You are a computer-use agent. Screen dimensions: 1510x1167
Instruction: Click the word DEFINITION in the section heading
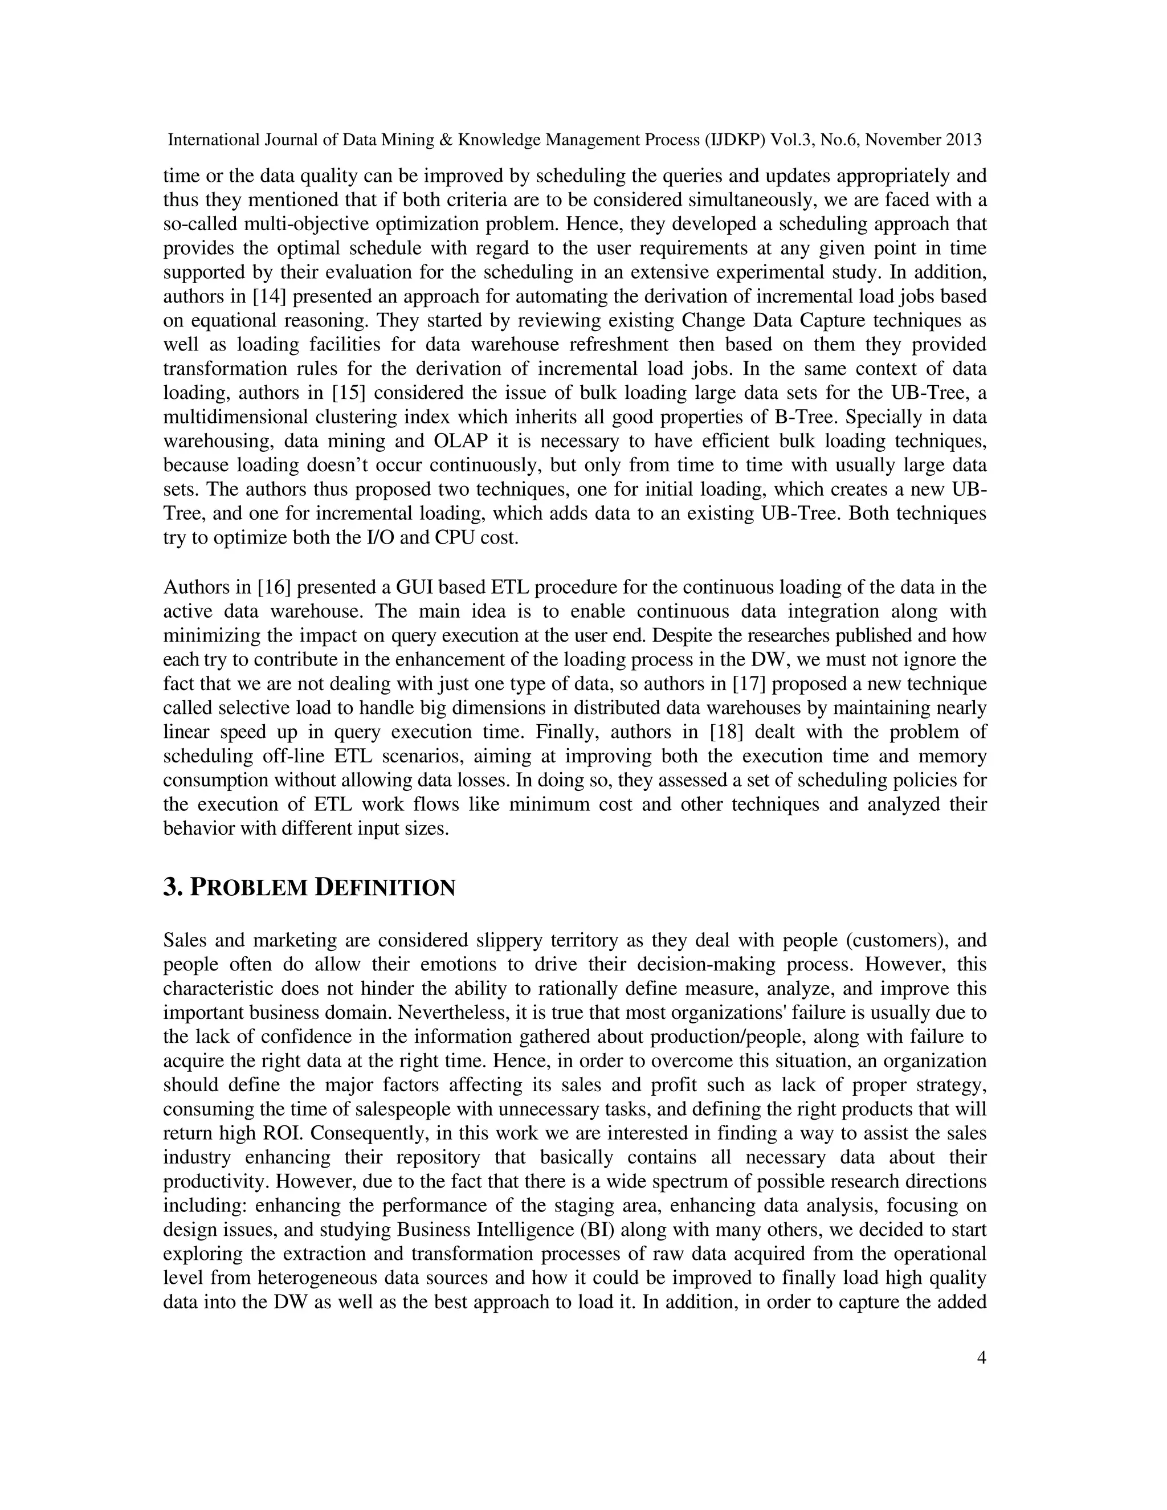click(385, 888)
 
